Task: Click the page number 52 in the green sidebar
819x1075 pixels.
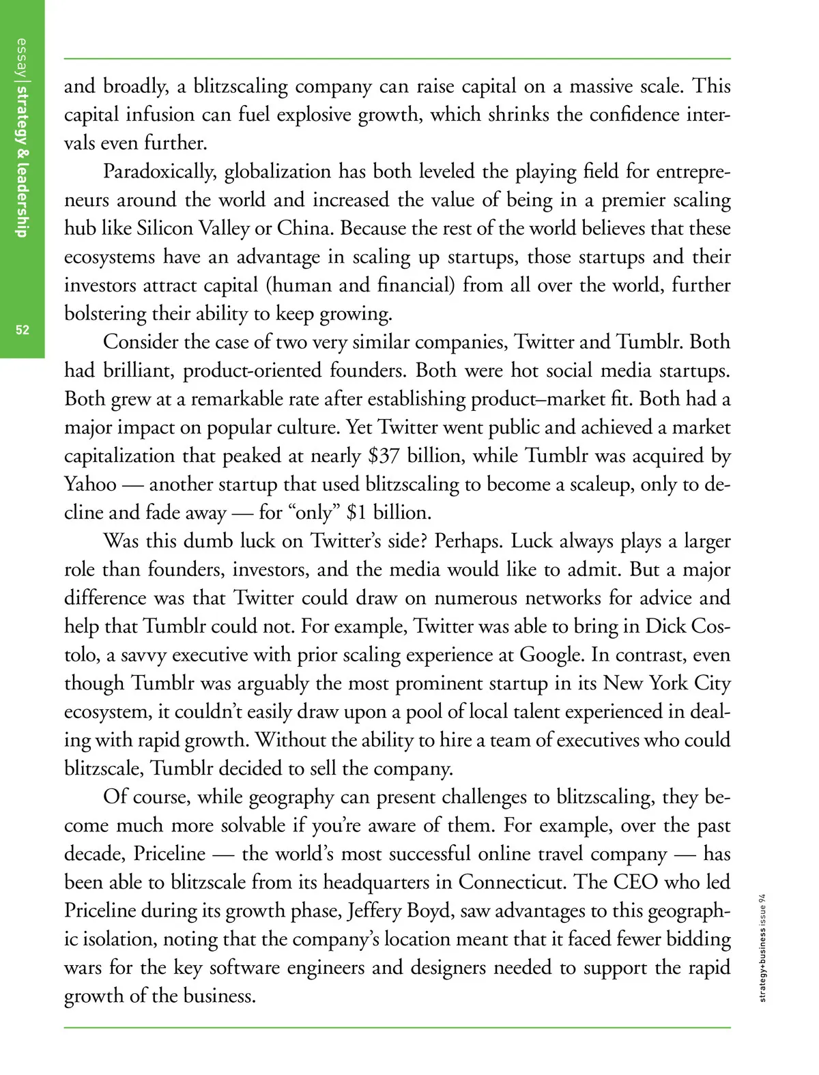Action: pyautogui.click(x=23, y=330)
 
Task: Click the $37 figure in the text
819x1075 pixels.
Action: pyautogui.click(x=384, y=455)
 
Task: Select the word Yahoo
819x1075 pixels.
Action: pyautogui.click(x=90, y=484)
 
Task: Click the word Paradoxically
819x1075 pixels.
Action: pyautogui.click(x=160, y=171)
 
